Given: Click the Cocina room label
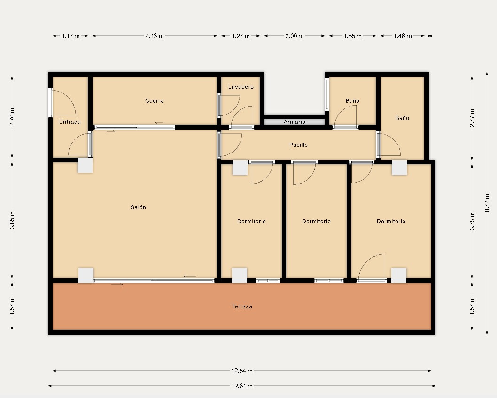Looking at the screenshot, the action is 155,101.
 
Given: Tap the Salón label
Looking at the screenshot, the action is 138,207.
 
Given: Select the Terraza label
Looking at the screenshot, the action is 242,306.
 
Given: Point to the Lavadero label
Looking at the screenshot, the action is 241,87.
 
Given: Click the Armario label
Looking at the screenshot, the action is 295,122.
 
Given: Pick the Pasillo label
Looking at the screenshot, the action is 299,145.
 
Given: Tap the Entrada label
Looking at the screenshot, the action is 70,122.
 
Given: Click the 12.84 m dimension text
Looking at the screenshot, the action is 242,386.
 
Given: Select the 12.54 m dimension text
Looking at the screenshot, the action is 242,371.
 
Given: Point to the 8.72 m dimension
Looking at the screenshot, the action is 487,203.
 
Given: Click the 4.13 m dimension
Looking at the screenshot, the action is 155,36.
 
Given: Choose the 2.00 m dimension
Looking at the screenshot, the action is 295,36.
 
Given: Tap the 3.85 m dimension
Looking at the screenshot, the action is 12,220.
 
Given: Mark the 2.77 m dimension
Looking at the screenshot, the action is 472,118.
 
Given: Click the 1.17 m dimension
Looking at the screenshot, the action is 70,36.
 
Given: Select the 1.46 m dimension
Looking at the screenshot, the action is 403,36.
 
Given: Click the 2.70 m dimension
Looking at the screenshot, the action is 12,117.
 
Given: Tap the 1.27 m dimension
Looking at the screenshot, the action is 241,36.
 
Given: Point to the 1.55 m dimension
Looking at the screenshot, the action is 352,36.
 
